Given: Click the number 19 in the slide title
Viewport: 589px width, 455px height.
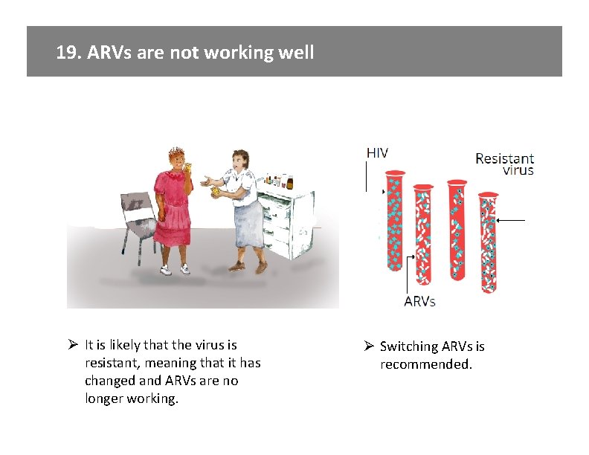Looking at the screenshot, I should click(x=68, y=53).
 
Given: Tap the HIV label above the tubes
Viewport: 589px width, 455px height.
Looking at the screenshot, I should click(x=376, y=152).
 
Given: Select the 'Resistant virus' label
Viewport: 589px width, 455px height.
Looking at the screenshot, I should click(x=504, y=164).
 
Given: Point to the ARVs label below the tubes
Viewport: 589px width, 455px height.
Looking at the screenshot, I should click(x=419, y=301).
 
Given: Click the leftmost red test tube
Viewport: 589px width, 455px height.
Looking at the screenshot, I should click(x=393, y=222).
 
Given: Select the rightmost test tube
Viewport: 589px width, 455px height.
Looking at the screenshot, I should click(x=488, y=242).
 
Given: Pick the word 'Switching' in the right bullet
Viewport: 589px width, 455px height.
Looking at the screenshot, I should click(x=409, y=346).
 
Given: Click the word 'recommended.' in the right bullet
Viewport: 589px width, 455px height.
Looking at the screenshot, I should click(x=426, y=364).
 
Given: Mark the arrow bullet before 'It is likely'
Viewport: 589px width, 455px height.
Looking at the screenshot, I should click(x=73, y=345).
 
